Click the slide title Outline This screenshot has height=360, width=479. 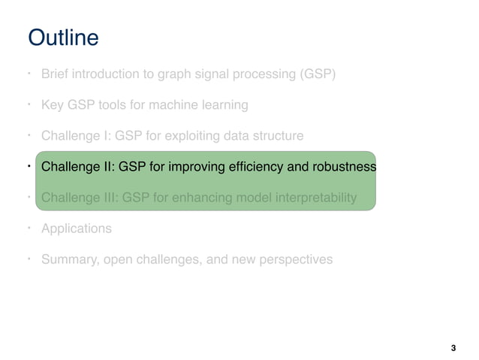pos(62,38)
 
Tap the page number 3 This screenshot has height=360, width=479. pos(453,348)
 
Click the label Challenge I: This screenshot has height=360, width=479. pos(74,136)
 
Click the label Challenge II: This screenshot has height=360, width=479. pos(76,167)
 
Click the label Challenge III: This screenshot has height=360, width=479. pos(78,198)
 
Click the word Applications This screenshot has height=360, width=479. pos(77,228)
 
